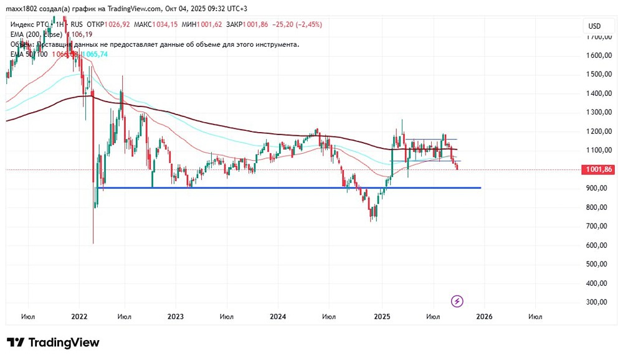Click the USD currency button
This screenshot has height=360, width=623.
pos(594,26)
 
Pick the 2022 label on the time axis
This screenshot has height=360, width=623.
pos(79,316)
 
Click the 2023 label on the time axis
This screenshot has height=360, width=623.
pos(176,316)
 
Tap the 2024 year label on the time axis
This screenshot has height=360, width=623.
pos(278,316)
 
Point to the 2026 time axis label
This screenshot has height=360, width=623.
pos(484,316)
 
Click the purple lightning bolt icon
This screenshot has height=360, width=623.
pos(457,301)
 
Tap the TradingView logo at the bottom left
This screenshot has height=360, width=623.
pos(53,343)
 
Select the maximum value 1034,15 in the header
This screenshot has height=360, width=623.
pos(165,24)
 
